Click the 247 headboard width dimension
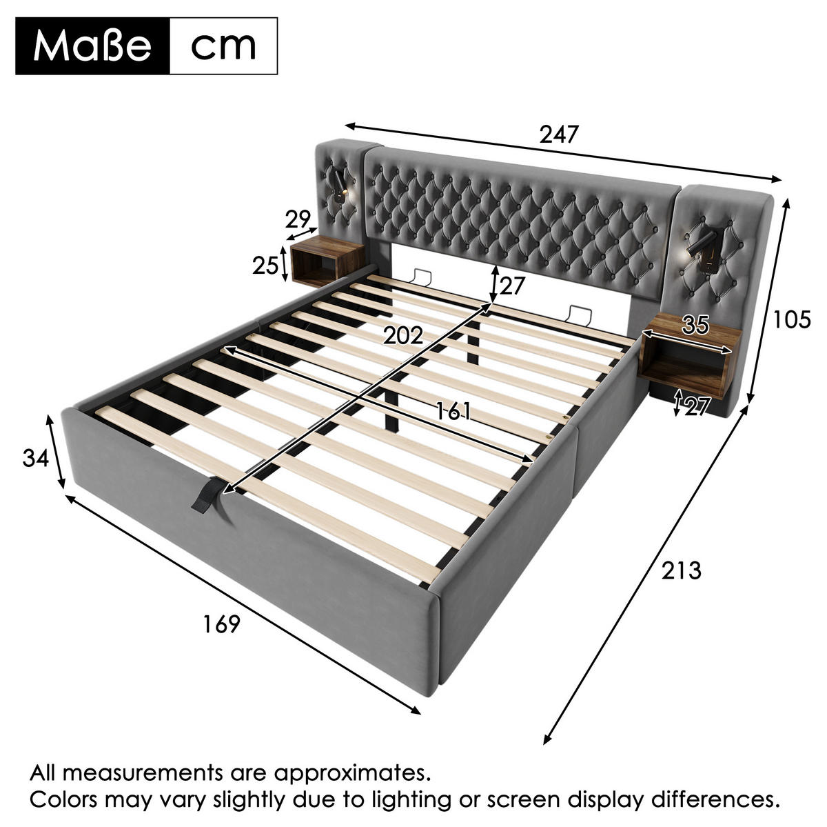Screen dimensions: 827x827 tap(559, 134)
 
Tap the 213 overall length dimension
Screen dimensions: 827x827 tap(681, 570)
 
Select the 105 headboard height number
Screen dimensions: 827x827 tap(792, 319)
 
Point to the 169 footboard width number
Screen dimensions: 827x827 tap(221, 624)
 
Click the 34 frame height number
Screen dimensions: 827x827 tap(36, 458)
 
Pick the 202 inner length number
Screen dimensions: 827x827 tap(403, 335)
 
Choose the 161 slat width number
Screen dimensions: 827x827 tap(453, 411)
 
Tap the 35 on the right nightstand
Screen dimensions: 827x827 tap(695, 324)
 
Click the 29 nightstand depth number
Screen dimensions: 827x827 tap(298, 219)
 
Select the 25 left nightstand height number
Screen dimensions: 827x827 tap(265, 266)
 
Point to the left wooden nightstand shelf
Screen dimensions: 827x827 tap(327, 261)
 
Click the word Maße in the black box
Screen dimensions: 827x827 tap(92, 46)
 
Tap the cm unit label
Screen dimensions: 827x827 tap(223, 46)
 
